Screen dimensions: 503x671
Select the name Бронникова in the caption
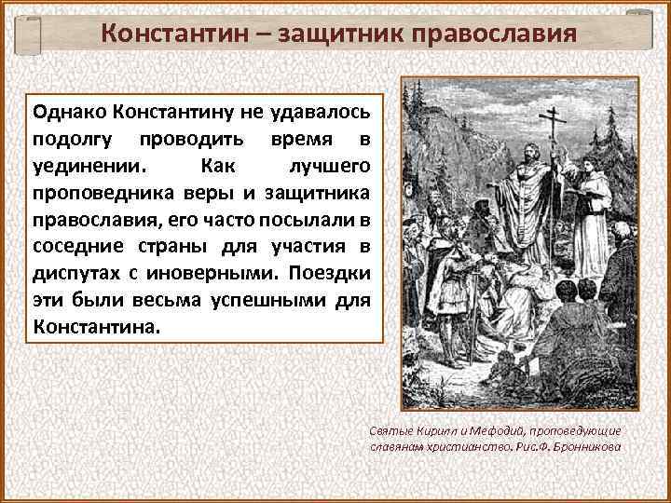(x=587, y=445)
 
